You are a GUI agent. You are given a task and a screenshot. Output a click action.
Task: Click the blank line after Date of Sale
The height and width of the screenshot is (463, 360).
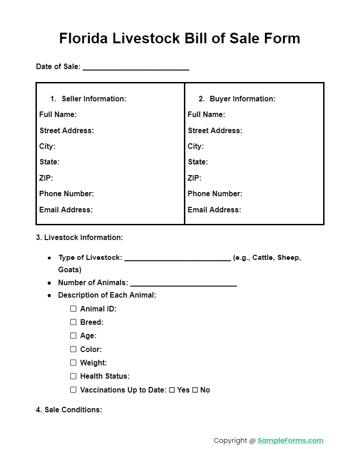point(136,68)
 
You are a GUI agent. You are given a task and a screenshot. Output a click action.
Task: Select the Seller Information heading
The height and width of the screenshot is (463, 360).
point(94,99)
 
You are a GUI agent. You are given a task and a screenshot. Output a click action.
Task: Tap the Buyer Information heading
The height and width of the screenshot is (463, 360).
point(242,99)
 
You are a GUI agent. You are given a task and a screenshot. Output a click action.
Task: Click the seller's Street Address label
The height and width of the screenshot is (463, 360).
point(67,130)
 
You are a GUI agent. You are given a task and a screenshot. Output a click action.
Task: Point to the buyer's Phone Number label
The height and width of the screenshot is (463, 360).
point(215,193)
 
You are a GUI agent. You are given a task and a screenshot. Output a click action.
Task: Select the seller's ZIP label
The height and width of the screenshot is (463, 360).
point(46,178)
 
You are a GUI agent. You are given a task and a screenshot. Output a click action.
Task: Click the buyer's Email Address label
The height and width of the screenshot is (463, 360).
point(214,210)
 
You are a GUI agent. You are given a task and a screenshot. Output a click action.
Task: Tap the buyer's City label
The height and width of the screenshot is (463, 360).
point(195,146)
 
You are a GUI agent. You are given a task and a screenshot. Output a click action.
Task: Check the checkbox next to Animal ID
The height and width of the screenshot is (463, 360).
point(73,309)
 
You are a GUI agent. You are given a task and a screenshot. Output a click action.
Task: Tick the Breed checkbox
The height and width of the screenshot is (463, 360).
point(73,322)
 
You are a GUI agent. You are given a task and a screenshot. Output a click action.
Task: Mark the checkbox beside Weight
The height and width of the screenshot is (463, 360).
point(73,363)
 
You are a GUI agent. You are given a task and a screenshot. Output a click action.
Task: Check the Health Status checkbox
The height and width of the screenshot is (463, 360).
point(73,376)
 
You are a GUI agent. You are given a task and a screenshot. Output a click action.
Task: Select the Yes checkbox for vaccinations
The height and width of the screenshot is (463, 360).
point(172,390)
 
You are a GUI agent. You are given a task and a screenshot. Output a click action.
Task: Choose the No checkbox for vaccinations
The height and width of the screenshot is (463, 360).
point(195,390)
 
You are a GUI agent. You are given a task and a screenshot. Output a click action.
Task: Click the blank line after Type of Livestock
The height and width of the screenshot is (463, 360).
point(177,258)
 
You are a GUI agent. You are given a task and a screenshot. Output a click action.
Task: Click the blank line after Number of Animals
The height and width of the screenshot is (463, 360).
point(183,284)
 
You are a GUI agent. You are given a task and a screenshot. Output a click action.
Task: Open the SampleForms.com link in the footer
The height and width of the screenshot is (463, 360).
point(290,440)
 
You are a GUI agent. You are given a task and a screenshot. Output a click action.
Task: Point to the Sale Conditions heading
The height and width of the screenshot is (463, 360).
point(69,410)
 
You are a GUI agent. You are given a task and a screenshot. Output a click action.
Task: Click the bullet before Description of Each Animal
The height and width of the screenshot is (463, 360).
point(49,295)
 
